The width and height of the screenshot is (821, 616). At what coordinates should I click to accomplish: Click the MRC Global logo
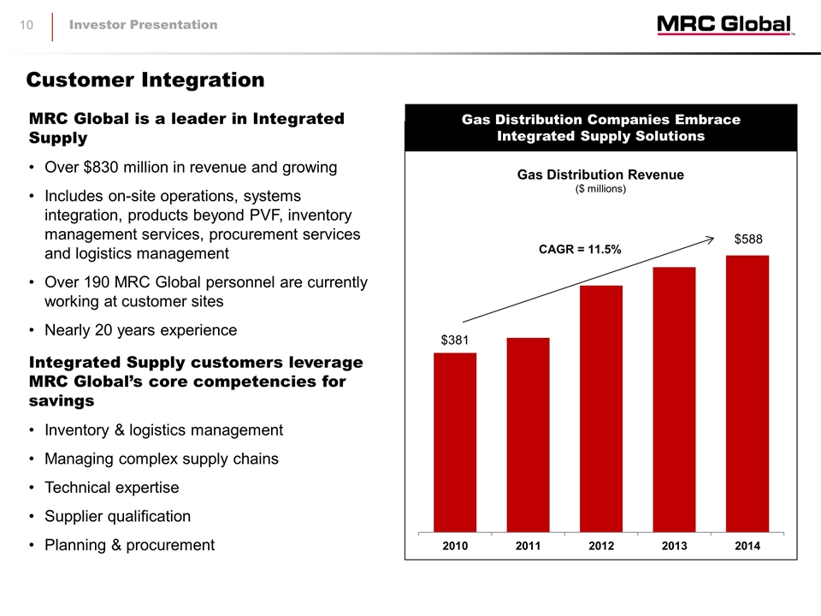[x=725, y=26]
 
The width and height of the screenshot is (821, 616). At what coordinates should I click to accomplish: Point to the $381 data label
[x=456, y=341]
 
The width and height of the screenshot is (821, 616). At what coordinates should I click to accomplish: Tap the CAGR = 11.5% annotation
[x=580, y=249]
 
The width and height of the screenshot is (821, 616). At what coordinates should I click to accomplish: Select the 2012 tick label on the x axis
[x=601, y=545]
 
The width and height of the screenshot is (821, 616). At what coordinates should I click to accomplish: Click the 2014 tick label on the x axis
[x=747, y=545]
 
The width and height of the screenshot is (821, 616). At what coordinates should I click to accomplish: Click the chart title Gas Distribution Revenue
[x=600, y=175]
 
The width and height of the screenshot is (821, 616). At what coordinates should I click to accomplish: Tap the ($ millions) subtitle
[x=600, y=189]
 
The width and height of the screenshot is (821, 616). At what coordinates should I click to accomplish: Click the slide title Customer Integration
[x=145, y=80]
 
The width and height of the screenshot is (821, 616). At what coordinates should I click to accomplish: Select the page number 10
[x=27, y=25]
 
